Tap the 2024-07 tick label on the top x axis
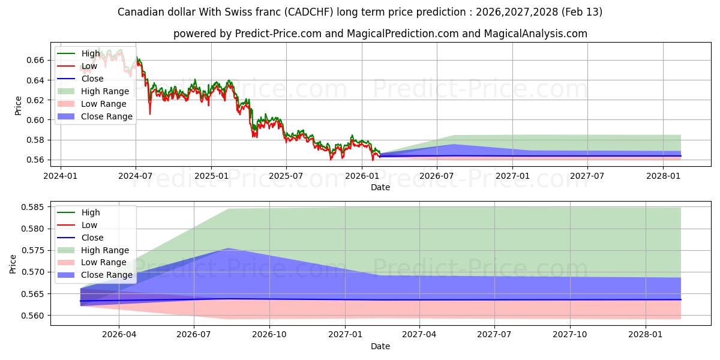pos(136,176)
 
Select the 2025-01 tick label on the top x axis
pos(211,176)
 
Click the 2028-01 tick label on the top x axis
pos(663,176)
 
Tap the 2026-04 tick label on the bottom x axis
pos(119,334)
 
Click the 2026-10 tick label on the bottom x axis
pos(269,334)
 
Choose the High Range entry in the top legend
pos(105,91)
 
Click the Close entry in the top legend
pos(92,79)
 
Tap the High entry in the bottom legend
pos(91,212)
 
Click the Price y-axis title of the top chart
pos(17,106)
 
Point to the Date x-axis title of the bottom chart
pos(380,346)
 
